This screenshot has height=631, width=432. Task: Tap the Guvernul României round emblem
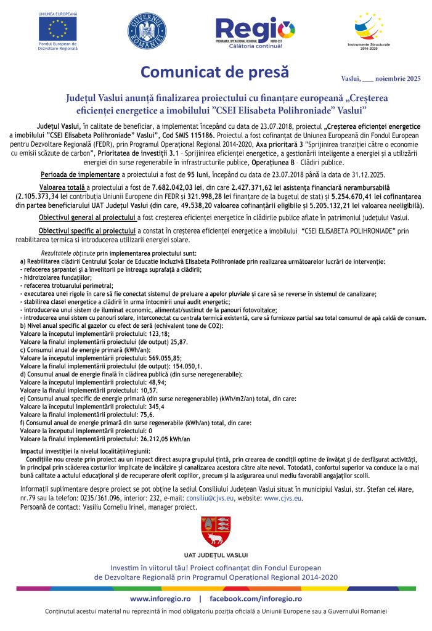click(x=147, y=30)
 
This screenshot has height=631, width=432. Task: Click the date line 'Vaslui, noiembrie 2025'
click(x=380, y=78)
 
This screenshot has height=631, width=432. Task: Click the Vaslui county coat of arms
click(x=216, y=532)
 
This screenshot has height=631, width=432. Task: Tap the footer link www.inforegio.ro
click(x=160, y=598)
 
